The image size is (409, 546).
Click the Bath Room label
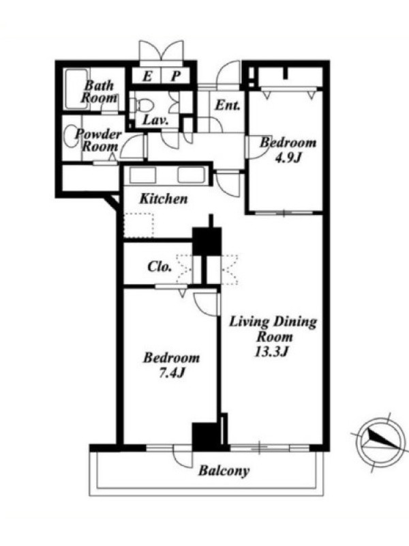point(99,91)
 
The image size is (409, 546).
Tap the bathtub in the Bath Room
point(76,89)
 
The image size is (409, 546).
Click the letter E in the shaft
point(147,76)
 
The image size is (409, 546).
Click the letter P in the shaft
point(176,76)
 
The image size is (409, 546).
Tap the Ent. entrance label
point(227,105)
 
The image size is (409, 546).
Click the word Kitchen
point(164,199)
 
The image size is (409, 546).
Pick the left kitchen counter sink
point(142,175)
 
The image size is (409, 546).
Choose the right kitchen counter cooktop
point(192,175)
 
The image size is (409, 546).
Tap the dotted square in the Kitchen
point(138,225)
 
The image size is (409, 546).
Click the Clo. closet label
point(160,267)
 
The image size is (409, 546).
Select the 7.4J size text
point(172,373)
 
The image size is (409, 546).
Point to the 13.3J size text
point(271,351)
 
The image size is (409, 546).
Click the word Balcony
point(224,471)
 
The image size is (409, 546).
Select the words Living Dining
point(273,321)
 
